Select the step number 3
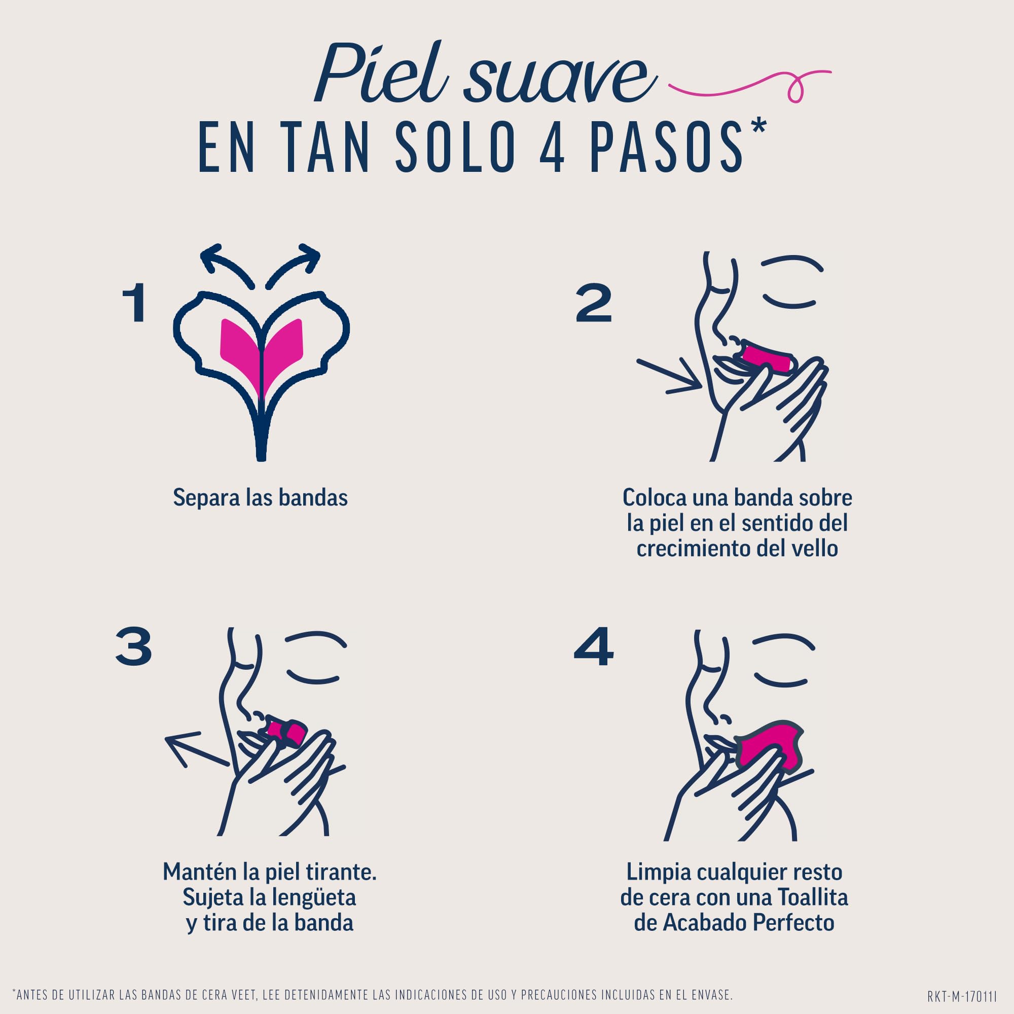tap(133, 646)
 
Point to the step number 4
tap(594, 646)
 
